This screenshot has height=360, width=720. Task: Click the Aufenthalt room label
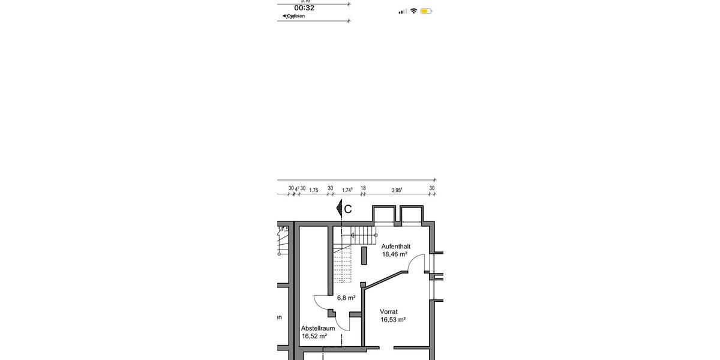point(395,246)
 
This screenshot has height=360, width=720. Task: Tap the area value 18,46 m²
point(394,254)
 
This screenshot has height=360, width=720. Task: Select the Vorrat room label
point(389,311)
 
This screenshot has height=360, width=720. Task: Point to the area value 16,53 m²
point(393,320)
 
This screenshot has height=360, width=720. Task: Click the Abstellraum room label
point(318,328)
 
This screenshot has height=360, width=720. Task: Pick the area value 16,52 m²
point(314,337)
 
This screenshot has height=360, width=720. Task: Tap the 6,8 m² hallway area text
point(346,298)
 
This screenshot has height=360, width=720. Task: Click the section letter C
point(348,209)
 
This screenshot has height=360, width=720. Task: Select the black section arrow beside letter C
point(339,209)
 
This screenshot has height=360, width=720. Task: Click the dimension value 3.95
point(397,190)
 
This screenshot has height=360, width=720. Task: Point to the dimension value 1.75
point(314,190)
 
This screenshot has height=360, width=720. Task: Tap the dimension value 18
point(363,188)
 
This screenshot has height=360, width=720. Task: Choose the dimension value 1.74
point(347,190)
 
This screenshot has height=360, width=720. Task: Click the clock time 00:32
point(304,8)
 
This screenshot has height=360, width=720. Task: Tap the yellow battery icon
point(426,11)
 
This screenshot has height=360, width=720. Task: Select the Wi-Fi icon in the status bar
point(413,11)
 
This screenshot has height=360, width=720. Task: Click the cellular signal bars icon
point(403,11)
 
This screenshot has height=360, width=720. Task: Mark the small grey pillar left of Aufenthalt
point(364,255)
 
